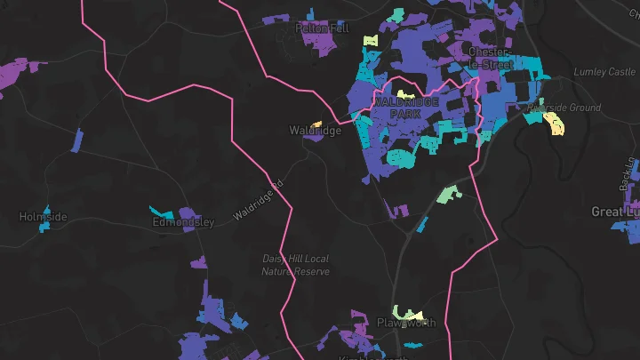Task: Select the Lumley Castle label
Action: (x=605, y=72)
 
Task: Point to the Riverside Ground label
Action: (x=564, y=108)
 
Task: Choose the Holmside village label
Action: (x=43, y=216)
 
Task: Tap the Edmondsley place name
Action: (x=184, y=221)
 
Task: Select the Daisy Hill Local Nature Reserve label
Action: (x=295, y=265)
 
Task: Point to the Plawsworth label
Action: (x=407, y=323)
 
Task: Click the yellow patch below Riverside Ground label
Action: (x=554, y=124)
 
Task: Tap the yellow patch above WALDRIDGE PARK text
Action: (x=405, y=93)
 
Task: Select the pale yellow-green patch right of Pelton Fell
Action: (x=370, y=40)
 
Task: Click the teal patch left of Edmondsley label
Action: (x=162, y=213)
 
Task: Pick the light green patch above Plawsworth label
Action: (x=408, y=312)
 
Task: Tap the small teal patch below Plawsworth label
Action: (x=412, y=344)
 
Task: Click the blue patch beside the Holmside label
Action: (x=45, y=227)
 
